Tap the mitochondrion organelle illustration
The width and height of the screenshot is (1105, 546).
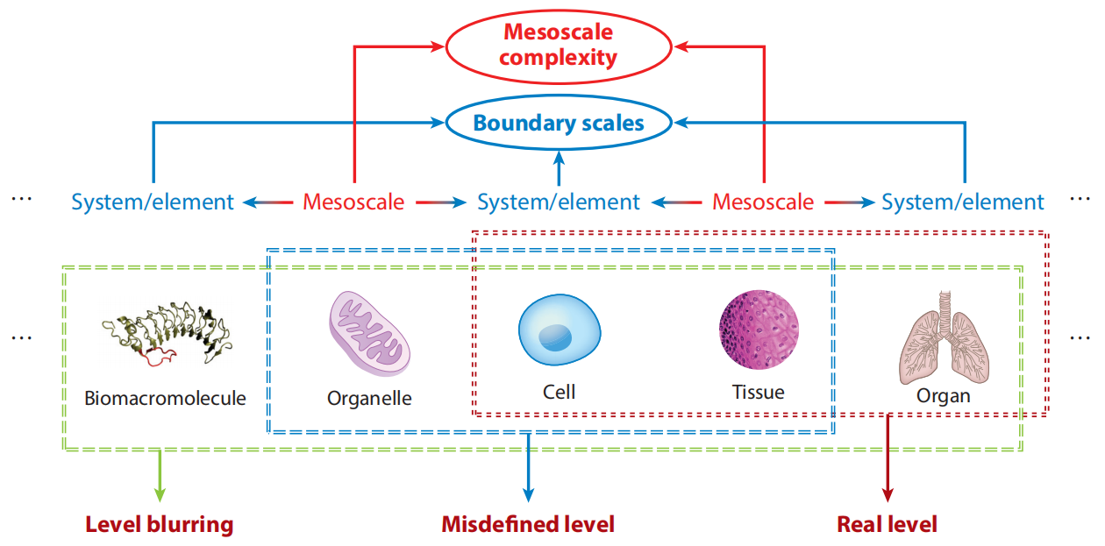pyautogui.click(x=369, y=333)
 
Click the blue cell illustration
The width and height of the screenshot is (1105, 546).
pyautogui.click(x=560, y=330)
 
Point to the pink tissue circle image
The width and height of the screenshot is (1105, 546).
pyautogui.click(x=759, y=330)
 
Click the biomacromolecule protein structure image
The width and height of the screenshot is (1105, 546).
pyautogui.click(x=166, y=333)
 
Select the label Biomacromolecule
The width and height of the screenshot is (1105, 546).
pyautogui.click(x=165, y=398)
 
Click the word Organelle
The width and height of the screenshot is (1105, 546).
pyautogui.click(x=369, y=398)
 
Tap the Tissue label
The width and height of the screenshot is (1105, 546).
pyautogui.click(x=759, y=393)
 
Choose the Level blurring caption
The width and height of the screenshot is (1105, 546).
pyautogui.click(x=160, y=524)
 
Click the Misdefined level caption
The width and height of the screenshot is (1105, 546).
pyautogui.click(x=528, y=524)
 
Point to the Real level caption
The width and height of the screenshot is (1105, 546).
pyautogui.click(x=887, y=524)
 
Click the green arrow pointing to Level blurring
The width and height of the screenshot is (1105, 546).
pyautogui.click(x=160, y=476)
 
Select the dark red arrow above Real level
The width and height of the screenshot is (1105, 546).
pyautogui.click(x=888, y=458)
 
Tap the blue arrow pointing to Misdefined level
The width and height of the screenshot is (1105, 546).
pyautogui.click(x=528, y=468)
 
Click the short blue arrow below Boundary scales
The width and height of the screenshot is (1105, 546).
pyautogui.click(x=559, y=168)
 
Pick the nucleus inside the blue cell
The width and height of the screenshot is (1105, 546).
pyautogui.click(x=555, y=338)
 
